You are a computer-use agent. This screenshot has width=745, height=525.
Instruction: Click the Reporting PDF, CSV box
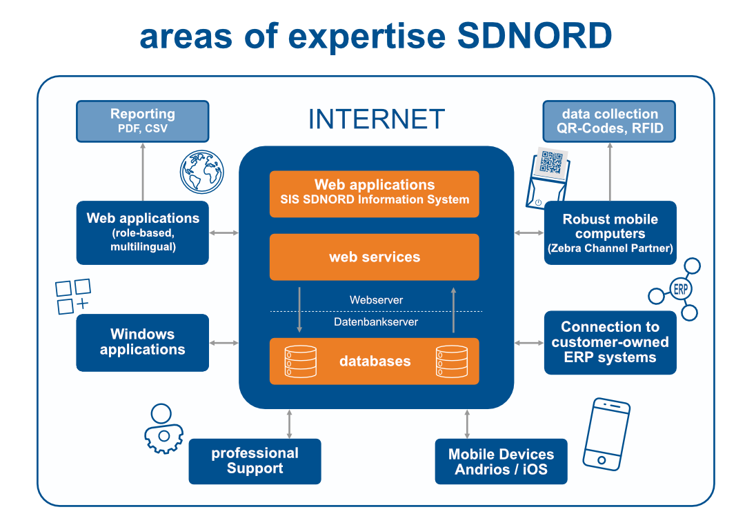(142, 121)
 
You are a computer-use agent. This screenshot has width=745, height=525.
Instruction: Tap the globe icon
(202, 172)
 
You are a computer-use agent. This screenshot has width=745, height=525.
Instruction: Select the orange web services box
(374, 257)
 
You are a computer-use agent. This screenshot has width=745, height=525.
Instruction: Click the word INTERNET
(376, 119)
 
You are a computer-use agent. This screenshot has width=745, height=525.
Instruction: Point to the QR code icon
(553, 163)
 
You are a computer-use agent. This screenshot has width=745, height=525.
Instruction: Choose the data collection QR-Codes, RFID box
(609, 121)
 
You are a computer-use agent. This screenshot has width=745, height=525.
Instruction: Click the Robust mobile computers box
(610, 232)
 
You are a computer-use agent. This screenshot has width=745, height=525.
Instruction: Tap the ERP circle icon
(680, 290)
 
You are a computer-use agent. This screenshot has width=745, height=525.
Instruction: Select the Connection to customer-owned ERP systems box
(610, 342)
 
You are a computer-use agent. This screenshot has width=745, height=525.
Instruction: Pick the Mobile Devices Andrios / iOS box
(501, 462)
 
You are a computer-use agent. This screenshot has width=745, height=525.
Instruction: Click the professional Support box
(255, 461)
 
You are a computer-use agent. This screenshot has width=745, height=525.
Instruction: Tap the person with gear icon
(162, 428)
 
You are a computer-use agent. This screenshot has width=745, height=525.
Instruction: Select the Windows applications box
(142, 342)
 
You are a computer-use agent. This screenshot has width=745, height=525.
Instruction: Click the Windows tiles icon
(73, 296)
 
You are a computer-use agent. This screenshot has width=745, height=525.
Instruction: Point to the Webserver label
(376, 300)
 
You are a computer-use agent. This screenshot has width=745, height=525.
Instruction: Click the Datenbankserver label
(376, 321)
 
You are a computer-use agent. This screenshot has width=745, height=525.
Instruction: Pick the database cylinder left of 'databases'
(300, 361)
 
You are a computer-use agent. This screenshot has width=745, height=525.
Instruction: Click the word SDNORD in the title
(535, 36)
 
